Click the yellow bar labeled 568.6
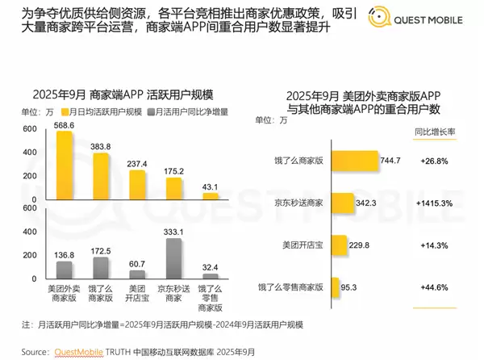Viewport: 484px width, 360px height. click(64, 165)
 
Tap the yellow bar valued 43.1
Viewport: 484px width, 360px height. click(210, 195)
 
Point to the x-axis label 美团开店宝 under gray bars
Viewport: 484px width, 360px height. click(137, 291)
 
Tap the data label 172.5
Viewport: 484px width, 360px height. click(101, 251)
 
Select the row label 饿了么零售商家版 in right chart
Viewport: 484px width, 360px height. click(290, 286)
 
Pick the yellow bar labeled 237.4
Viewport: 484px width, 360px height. click(137, 184)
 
